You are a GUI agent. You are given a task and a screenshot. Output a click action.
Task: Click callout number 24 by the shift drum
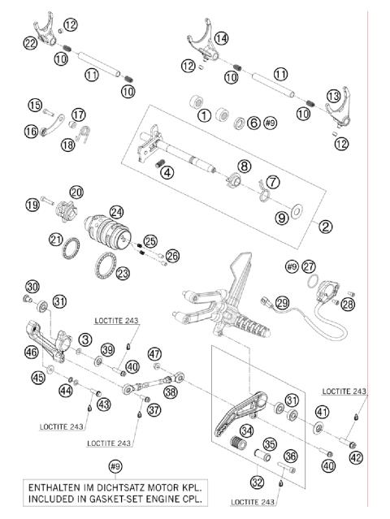pos(116,211)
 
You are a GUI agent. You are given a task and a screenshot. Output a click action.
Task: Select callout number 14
pos(221,38)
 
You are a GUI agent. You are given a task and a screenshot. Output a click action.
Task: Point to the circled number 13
pos(334,96)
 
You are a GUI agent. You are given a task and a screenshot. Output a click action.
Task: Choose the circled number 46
pos(31,352)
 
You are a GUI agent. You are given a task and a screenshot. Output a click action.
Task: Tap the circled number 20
pos(76,192)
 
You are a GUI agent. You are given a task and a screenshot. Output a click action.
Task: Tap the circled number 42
pos(357,457)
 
